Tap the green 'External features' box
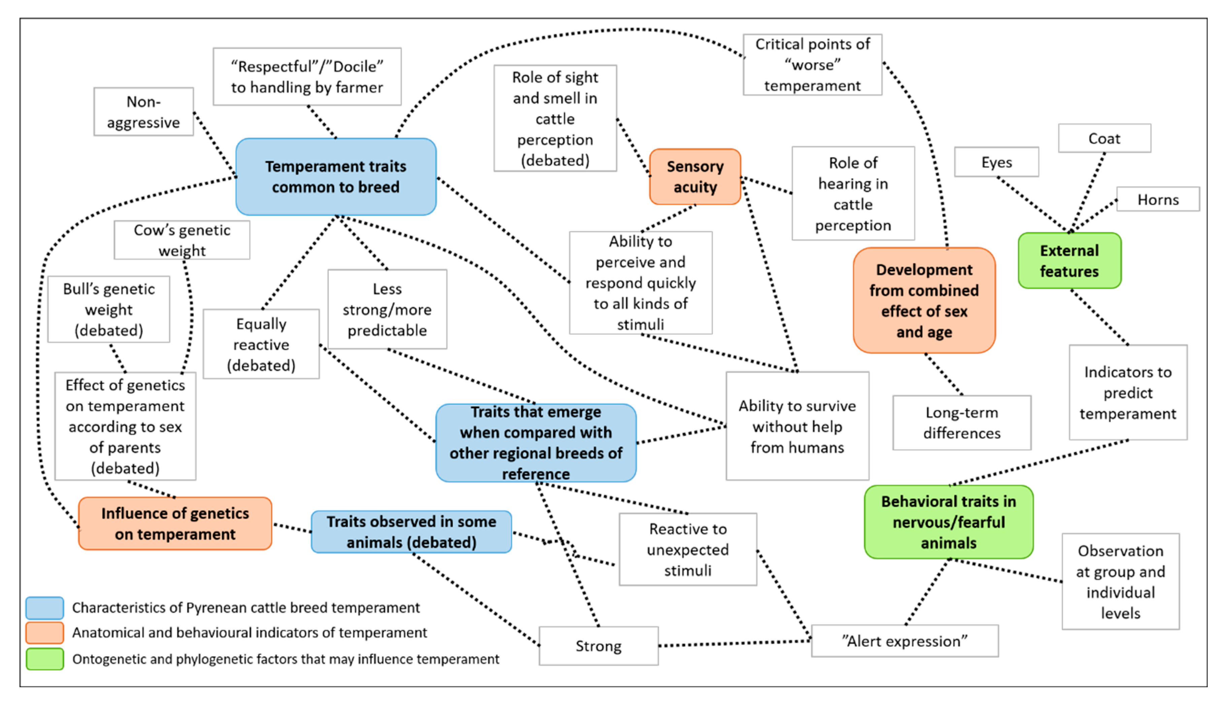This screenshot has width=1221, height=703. [1069, 261]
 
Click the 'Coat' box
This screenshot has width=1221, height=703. [1104, 139]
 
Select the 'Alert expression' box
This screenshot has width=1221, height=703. [905, 641]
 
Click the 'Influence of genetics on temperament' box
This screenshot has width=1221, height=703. [175, 524]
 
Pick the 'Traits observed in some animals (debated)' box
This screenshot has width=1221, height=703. [411, 532]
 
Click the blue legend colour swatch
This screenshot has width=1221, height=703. [44, 608]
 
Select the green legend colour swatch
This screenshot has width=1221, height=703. [44, 659]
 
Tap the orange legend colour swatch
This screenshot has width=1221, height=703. [44, 633]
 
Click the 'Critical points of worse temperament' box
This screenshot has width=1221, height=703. [813, 65]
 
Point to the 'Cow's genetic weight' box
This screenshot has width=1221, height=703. [182, 240]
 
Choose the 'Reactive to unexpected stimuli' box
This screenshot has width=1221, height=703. [688, 549]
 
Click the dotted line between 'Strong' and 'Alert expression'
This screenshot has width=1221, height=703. [735, 644]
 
